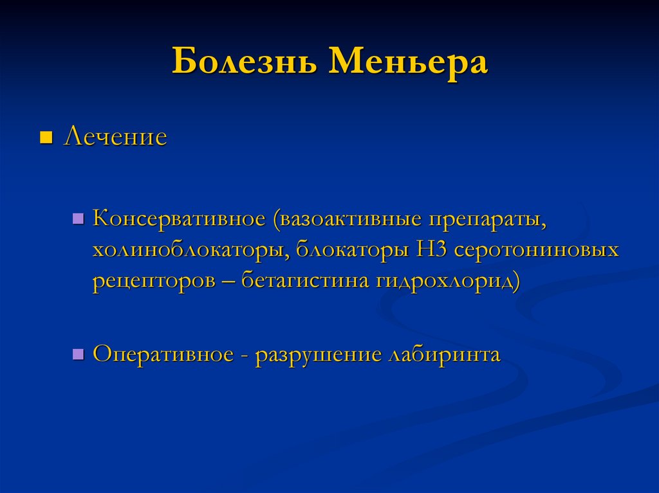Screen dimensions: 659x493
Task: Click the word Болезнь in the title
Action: [x=244, y=61]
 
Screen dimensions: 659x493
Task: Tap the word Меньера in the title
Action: [x=408, y=62]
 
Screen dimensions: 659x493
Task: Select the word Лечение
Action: [x=115, y=136]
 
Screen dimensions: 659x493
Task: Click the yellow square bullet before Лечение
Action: [x=46, y=138]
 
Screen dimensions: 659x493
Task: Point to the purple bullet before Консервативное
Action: [x=78, y=219]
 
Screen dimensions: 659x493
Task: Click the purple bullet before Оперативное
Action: [x=78, y=354]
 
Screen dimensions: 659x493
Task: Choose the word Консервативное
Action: [x=180, y=218]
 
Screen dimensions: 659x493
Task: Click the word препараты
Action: [x=487, y=220]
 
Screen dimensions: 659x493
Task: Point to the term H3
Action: [x=431, y=249]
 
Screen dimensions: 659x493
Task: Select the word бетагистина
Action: [x=304, y=280]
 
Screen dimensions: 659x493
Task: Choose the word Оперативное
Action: [x=163, y=354]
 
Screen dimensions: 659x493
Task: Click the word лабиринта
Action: [x=445, y=355]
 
